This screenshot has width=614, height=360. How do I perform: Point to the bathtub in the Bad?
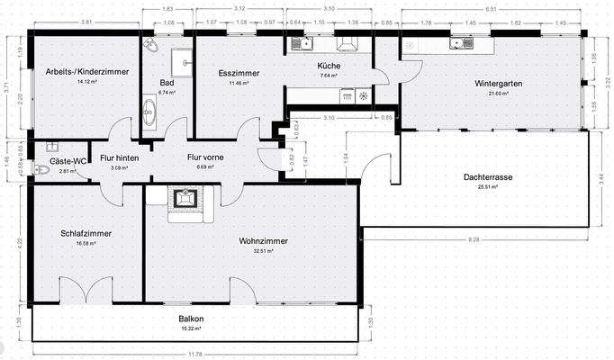149,112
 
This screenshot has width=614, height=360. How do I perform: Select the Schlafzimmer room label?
86,233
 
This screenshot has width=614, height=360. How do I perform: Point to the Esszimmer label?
238,73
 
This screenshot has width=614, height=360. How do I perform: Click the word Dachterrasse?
488,177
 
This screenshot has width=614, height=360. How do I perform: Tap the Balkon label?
190,319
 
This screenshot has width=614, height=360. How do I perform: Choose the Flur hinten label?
119,157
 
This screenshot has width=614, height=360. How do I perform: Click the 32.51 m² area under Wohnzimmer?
263,251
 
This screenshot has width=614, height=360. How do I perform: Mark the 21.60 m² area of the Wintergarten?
499,93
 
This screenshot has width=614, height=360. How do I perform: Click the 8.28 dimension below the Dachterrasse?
474,240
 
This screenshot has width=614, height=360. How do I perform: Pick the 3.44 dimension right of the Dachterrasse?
601,180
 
